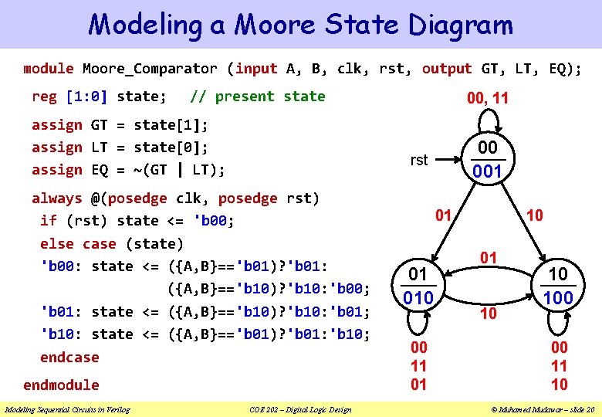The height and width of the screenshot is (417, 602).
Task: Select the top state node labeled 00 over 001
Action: click(487, 160)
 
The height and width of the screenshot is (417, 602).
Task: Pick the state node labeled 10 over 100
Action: click(558, 286)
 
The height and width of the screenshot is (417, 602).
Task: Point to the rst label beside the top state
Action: click(419, 160)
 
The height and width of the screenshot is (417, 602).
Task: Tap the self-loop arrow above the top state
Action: click(487, 122)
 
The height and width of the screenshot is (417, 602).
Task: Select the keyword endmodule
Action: click(61, 385)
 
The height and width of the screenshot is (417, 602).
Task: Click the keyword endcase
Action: click(69, 357)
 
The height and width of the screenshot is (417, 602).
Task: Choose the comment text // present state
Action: click(258, 97)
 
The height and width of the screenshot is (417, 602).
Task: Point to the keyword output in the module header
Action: click(447, 69)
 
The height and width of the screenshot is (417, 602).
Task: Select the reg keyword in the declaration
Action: click(44, 97)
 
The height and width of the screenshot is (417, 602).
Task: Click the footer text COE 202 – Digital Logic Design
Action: click(301, 409)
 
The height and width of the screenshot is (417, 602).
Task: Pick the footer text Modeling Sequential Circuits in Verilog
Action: click(68, 409)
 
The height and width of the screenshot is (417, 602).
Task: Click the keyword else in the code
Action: click(56, 244)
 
